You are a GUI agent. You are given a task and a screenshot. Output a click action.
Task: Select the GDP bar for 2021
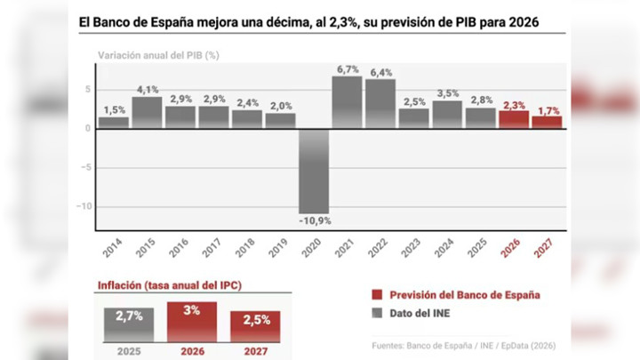tap(347, 102)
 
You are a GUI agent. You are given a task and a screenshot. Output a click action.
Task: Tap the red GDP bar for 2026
tap(514, 119)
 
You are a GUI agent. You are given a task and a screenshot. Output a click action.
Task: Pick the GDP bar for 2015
tap(147, 112)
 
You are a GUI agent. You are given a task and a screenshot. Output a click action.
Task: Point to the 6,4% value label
tap(380, 72)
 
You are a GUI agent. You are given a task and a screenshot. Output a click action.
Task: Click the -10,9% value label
tap(314, 219)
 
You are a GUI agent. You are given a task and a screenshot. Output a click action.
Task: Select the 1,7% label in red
tap(548, 110)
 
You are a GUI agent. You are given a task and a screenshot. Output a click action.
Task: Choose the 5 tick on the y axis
tap(87, 89)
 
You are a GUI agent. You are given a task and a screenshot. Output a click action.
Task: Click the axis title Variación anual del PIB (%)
tap(158, 55)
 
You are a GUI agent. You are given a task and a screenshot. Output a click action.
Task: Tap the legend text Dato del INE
tap(419, 314)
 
